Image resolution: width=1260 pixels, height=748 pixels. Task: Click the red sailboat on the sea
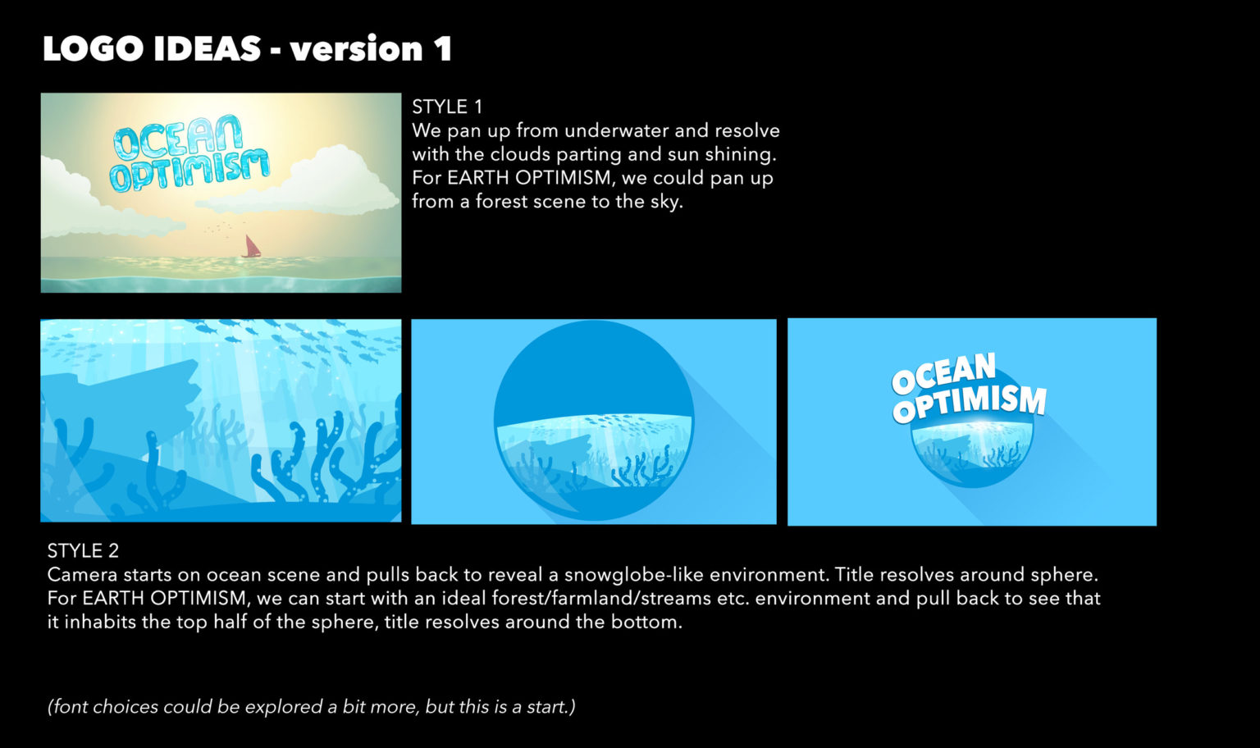click(251, 246)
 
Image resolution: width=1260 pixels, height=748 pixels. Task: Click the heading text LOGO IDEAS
click(152, 48)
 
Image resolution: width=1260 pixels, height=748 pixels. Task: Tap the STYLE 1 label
click(447, 107)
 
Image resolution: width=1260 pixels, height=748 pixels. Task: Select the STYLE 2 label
click(83, 550)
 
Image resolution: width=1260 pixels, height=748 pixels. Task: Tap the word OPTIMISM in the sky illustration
click(189, 171)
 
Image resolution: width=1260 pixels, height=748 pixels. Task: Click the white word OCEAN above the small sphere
click(943, 373)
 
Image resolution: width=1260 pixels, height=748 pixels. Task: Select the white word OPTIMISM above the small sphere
click(970, 403)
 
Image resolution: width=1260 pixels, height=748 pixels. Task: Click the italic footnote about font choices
click(312, 706)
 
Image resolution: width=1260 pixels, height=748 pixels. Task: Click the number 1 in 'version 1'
click(443, 48)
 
